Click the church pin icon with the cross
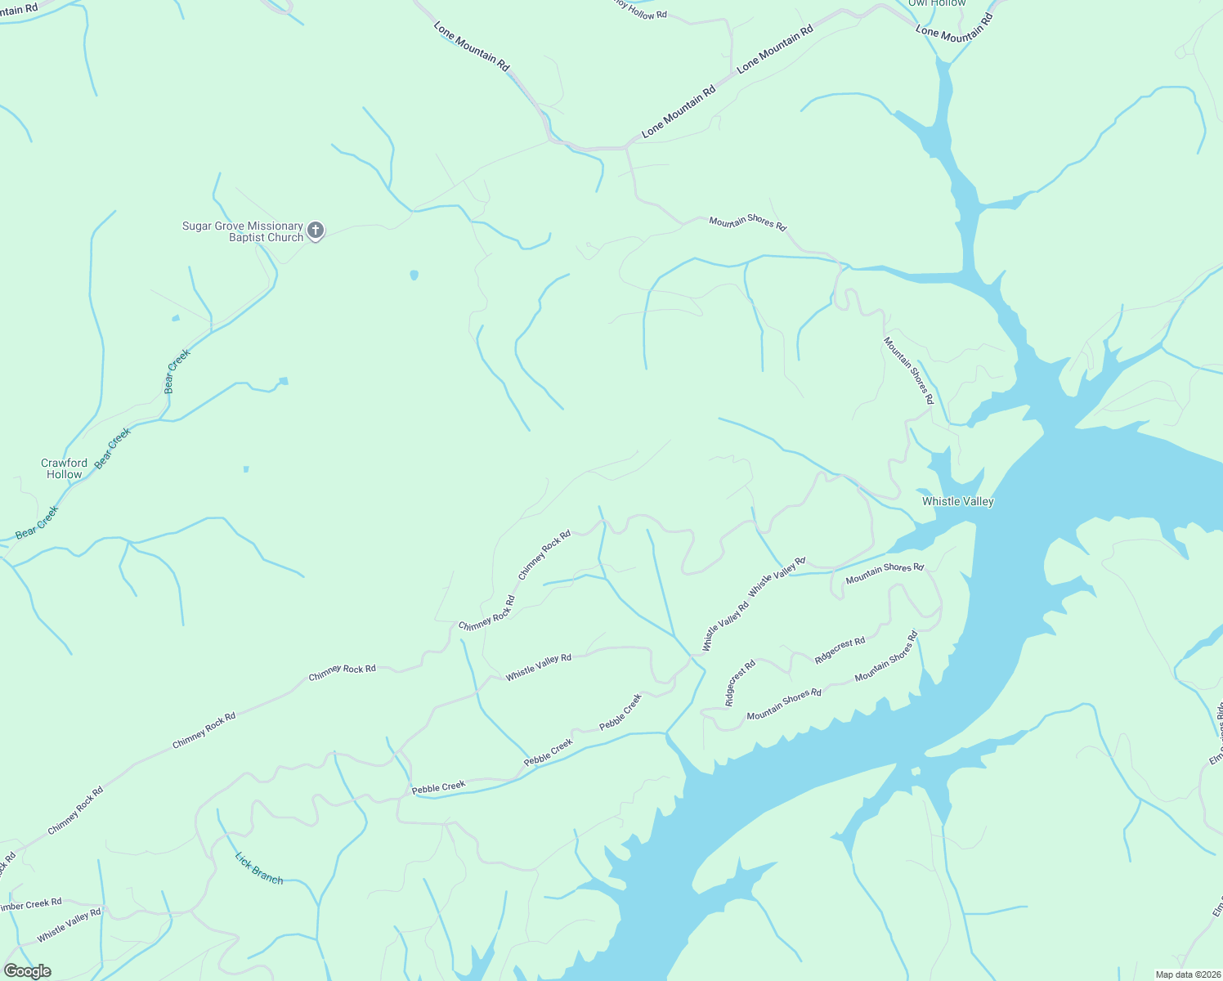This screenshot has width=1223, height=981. point(316,231)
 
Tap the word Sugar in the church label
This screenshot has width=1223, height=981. point(197,226)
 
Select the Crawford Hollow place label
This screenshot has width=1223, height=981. point(64,468)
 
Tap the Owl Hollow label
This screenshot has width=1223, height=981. point(937,3)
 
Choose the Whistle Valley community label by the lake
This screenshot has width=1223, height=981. point(957,501)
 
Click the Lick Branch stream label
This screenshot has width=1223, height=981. point(259,868)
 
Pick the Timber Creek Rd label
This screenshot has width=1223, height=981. point(31,904)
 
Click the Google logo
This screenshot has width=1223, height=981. point(28,971)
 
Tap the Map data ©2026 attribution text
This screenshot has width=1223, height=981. point(1186,974)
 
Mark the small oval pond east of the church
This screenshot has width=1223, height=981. point(414,275)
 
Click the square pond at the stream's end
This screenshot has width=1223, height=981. point(284,381)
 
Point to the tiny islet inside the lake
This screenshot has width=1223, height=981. point(916,771)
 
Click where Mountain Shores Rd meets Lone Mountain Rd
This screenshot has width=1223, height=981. point(627,148)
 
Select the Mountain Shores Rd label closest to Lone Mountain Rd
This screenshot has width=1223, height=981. point(747,222)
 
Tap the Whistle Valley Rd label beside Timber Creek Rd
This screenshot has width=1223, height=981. point(69,925)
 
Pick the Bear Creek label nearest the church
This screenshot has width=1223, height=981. point(177,371)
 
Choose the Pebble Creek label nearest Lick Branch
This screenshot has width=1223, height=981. point(438,788)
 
